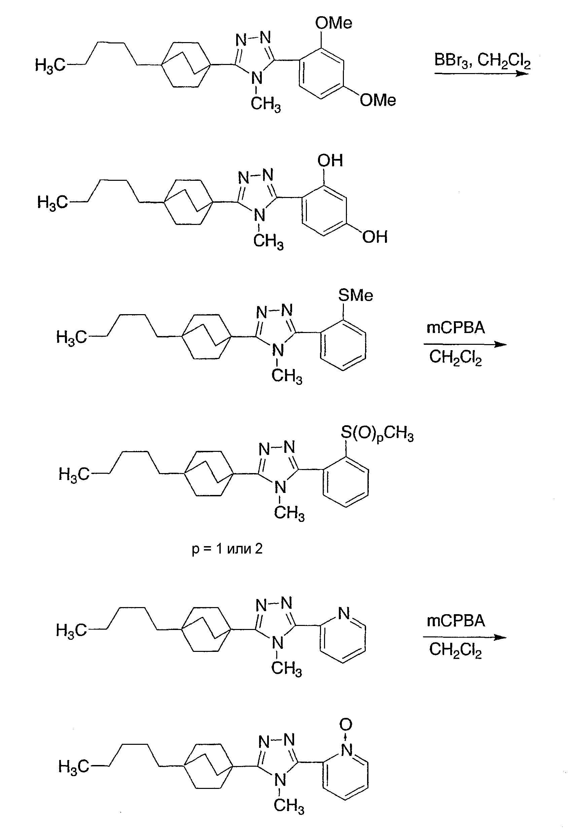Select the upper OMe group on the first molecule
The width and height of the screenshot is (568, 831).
334,23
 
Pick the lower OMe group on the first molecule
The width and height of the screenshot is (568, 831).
378,100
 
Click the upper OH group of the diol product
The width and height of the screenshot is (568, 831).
330,161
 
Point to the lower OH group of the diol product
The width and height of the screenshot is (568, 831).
375,237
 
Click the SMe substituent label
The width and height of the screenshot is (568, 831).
355,295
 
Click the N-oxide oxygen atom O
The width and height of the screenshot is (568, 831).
346,725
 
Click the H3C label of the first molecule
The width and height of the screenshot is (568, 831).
50,65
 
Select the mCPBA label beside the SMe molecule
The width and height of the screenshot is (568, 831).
456,328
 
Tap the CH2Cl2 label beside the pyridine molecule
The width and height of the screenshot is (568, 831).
456,650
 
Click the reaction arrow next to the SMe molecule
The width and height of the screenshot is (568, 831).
465,345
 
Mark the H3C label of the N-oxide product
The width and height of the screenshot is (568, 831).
74,767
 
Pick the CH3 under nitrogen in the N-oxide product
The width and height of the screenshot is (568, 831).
289,806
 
